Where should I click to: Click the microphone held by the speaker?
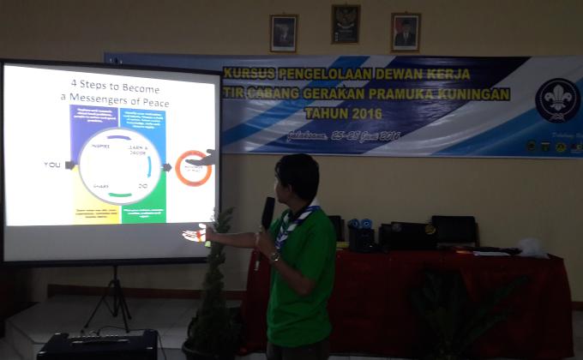coord(267,211)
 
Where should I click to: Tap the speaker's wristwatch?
coord(274,256)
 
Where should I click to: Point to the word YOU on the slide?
coord(52,164)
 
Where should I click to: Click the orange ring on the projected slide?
coord(192,167)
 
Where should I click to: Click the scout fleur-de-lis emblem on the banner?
coord(556,100)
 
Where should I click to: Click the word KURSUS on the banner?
coord(250,74)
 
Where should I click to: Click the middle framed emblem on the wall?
coord(346,24)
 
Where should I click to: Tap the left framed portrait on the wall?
coord(283,32)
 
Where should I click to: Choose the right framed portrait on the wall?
coord(405,32)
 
